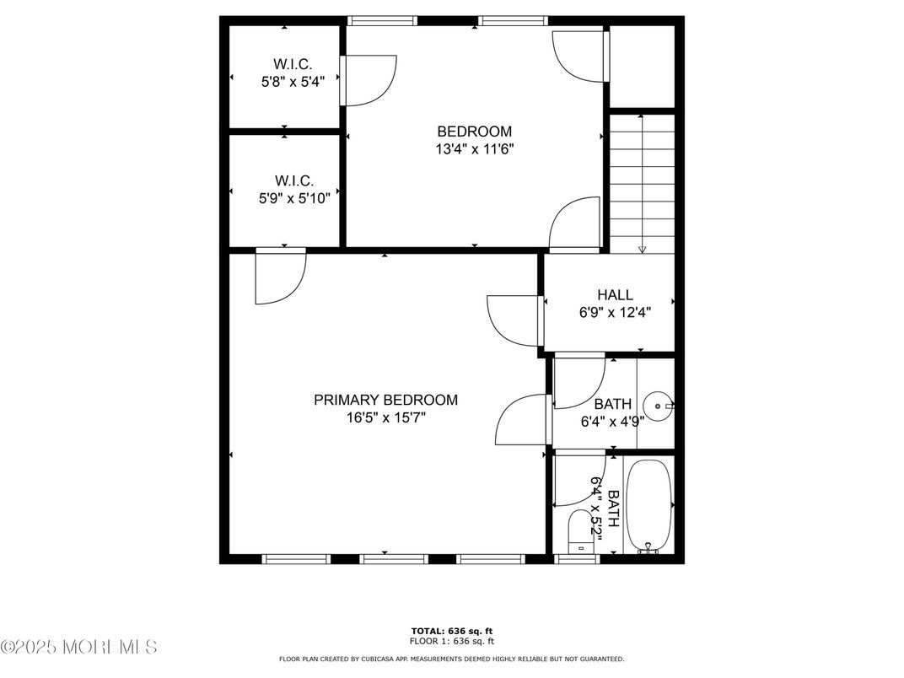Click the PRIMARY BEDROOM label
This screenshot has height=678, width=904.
pyautogui.click(x=385, y=400)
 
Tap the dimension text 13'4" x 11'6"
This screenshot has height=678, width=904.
pyautogui.click(x=474, y=149)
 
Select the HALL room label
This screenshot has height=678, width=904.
pyautogui.click(x=615, y=295)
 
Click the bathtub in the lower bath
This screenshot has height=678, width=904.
pyautogui.click(x=649, y=504)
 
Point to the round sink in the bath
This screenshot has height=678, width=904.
pyautogui.click(x=656, y=406)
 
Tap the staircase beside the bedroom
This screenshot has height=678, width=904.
pyautogui.click(x=643, y=183)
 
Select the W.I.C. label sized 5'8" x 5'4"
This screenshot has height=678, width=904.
pyautogui.click(x=293, y=64)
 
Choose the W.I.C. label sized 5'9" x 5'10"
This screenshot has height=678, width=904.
pyautogui.click(x=293, y=180)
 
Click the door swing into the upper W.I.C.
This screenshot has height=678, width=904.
pyautogui.click(x=369, y=80)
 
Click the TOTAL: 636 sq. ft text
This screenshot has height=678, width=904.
pyautogui.click(x=451, y=630)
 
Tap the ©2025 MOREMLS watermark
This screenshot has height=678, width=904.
pyautogui.click(x=79, y=648)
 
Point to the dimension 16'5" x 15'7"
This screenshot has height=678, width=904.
pyautogui.click(x=385, y=417)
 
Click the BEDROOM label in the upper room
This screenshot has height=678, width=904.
pyautogui.click(x=474, y=132)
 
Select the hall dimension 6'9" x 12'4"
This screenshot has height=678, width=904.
pyautogui.click(x=615, y=312)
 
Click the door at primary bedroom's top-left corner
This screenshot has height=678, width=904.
pyautogui.click(x=280, y=276)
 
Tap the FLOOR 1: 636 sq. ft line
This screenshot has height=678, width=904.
pyautogui.click(x=451, y=640)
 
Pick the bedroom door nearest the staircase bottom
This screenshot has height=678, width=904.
pyautogui.click(x=575, y=224)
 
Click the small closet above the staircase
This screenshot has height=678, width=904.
pyautogui.click(x=643, y=67)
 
